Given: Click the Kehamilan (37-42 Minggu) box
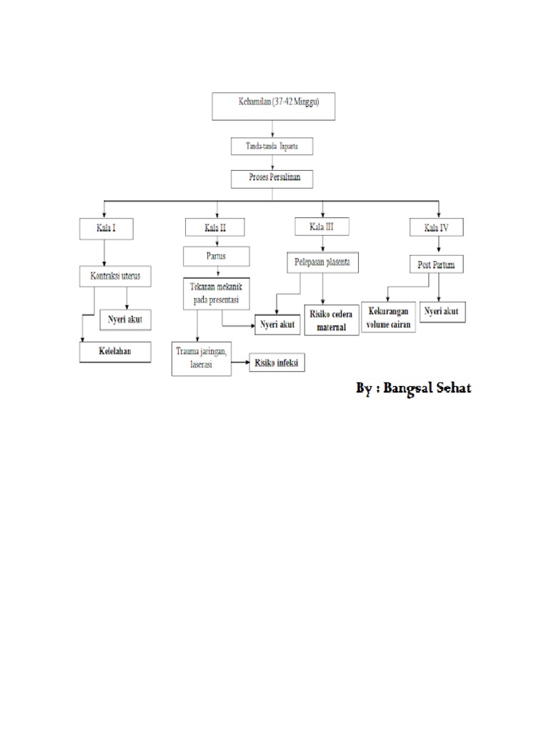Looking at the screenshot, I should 278,105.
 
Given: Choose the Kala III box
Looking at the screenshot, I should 322,227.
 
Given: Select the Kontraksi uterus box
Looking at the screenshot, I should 116,275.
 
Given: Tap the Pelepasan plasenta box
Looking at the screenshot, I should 323,262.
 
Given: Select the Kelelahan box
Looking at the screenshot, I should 115,352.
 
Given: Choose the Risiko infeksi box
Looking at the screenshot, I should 277,363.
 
